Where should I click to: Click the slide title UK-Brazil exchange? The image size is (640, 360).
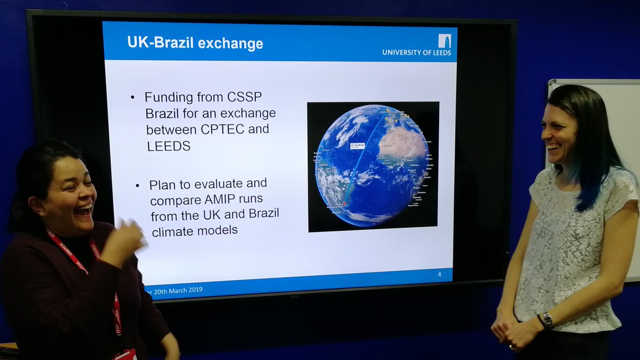tap(195, 43)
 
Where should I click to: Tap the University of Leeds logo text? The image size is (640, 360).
tap(416, 52)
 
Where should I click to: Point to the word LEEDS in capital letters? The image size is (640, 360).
tap(169, 146)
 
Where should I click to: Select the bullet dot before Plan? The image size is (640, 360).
tap(138, 185)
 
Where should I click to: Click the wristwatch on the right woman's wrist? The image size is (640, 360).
tap(547, 320)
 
